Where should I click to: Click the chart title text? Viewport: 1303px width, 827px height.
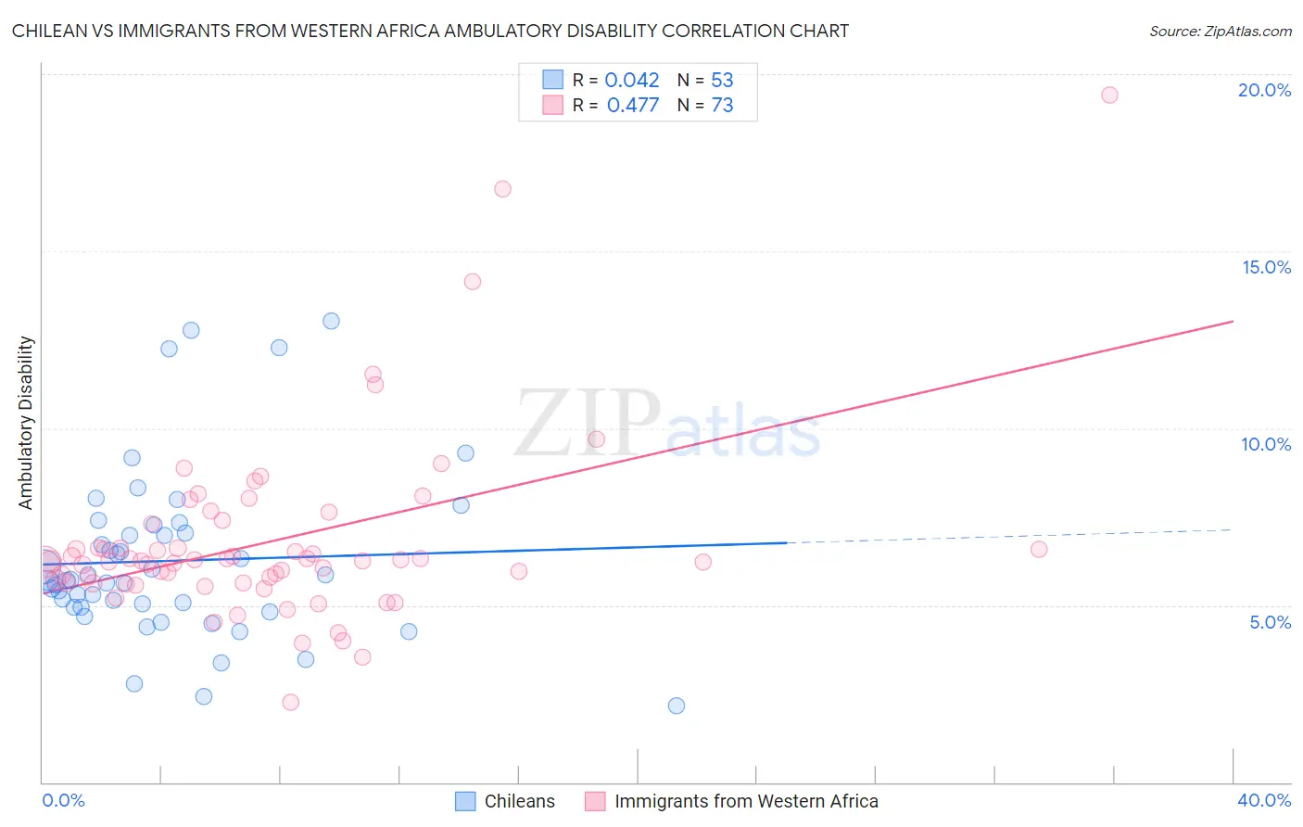(430, 31)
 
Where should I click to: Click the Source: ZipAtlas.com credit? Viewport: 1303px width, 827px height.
(1220, 31)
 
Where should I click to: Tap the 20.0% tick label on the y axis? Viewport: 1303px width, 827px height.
(1264, 90)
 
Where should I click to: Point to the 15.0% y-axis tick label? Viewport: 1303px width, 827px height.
(1266, 267)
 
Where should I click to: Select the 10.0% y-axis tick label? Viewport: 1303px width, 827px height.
(1266, 444)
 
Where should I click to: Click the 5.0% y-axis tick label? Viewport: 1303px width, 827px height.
(1270, 622)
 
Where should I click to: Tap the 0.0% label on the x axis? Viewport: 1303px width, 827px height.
(63, 800)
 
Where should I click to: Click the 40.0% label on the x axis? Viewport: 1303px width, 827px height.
(1263, 800)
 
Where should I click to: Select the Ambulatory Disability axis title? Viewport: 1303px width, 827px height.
(26, 422)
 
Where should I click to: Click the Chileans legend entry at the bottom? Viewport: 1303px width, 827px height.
(519, 801)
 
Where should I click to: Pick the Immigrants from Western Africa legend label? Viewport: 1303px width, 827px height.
(746, 801)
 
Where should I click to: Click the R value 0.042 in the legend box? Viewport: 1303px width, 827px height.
(631, 81)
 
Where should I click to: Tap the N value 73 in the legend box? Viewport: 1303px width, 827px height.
(722, 106)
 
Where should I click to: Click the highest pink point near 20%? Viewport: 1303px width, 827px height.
(1109, 95)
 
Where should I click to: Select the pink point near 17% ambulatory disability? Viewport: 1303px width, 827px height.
(502, 189)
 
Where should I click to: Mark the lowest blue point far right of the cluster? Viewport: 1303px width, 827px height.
(677, 706)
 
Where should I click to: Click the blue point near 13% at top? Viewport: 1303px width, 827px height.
(331, 321)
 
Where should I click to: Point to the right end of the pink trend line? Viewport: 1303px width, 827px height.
(1233, 321)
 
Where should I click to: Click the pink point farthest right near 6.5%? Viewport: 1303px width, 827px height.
(1039, 549)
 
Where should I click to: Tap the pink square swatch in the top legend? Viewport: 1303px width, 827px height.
(553, 105)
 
